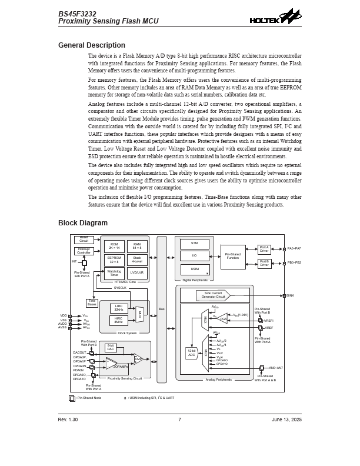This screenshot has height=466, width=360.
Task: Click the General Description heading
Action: pos(91,45)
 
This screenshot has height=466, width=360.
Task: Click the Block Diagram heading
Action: pos(82,223)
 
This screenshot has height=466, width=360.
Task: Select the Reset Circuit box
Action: pos(84,239)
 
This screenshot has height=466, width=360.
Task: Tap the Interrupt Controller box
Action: pos(84,251)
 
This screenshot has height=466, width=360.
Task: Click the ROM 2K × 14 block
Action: pos(114,246)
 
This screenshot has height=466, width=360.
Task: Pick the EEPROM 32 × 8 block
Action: pos(114,259)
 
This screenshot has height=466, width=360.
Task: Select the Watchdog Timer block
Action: pos(114,273)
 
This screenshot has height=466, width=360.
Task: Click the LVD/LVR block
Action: pos(136,273)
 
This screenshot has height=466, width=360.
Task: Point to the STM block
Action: pos(194,244)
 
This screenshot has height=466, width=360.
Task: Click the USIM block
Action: pos(194,269)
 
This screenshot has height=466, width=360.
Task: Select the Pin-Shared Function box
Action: pos(233,256)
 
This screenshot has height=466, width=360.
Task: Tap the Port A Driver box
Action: pos(264,249)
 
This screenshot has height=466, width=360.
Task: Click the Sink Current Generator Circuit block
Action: pos(213,295)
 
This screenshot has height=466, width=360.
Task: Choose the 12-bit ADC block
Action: pos(191,353)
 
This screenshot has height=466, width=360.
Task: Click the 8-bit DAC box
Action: pos(111,347)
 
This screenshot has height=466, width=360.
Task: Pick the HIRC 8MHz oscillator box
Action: pos(118,321)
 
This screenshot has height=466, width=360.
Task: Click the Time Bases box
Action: pos(92,303)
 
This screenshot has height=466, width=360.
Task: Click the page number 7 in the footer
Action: pos(179,420)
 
